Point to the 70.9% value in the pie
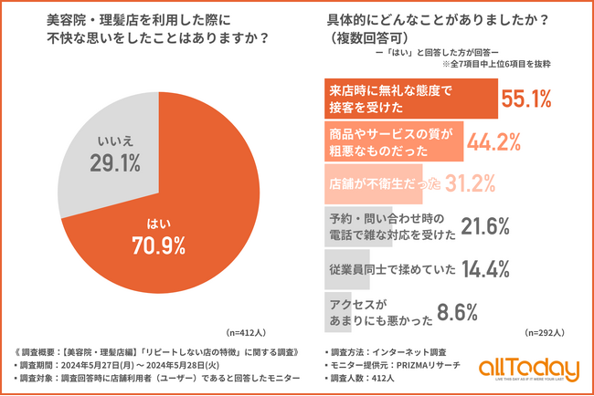(x=157, y=244)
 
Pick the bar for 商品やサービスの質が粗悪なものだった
(x=394, y=141)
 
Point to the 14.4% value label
(x=465, y=269)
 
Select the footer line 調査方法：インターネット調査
(x=387, y=350)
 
